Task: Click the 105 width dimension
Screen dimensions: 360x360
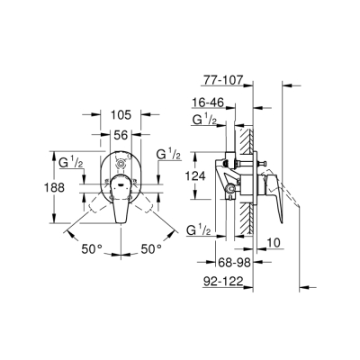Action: pyautogui.click(x=122, y=116)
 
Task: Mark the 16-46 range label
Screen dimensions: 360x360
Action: pyautogui.click(x=208, y=104)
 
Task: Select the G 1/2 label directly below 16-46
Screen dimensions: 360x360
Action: pyautogui.click(x=202, y=121)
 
